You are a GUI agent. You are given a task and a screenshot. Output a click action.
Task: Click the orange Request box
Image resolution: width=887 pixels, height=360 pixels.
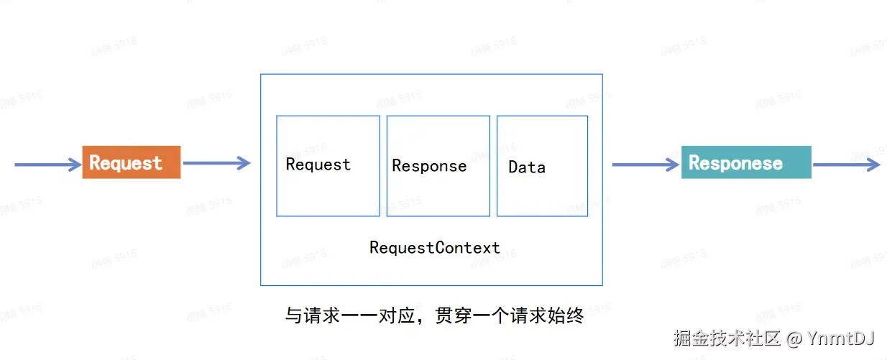coord(131,162)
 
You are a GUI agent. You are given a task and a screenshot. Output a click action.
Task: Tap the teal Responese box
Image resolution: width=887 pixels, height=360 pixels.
coord(745,162)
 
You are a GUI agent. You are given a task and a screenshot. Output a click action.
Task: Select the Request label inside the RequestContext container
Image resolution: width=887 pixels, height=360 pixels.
coord(318,165)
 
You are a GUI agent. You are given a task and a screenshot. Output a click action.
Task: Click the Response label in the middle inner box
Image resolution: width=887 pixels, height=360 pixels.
coord(429,166)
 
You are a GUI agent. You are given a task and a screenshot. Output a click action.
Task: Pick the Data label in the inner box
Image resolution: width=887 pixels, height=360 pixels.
coord(527,167)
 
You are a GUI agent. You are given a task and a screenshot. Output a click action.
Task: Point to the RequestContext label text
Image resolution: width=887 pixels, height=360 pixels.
coord(434,248)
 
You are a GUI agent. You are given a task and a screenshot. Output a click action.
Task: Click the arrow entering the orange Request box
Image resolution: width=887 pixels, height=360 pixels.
coord(47,165)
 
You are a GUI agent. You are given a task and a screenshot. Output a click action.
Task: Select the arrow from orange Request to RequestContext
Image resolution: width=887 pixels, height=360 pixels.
coord(216,163)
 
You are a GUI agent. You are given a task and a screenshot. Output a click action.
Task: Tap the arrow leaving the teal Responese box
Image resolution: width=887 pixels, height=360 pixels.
coord(845,165)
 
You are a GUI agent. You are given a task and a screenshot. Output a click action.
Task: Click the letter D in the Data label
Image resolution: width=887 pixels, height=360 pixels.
coord(513,167)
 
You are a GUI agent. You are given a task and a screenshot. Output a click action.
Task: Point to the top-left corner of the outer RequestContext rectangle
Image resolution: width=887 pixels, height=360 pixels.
coord(260,74)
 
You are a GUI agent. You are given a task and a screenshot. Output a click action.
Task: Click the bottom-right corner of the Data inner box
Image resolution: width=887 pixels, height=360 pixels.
coord(587,216)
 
